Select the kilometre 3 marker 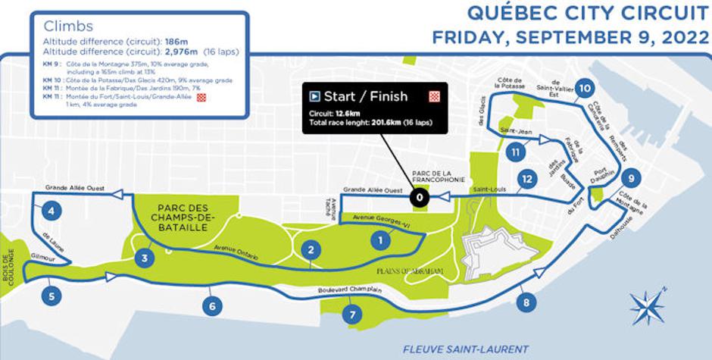click(x=144, y=258)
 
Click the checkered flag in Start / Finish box click(x=435, y=96)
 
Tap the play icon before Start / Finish click(x=314, y=96)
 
